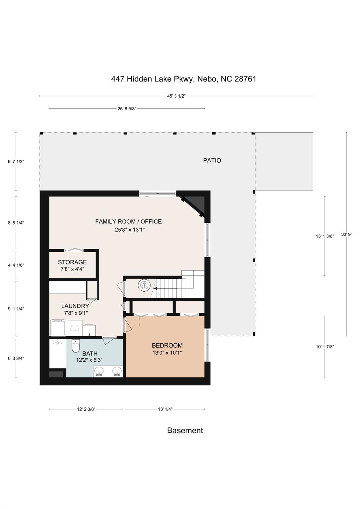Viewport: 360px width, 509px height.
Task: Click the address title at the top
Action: (x=184, y=79)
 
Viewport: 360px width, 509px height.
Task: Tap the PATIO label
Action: (x=212, y=160)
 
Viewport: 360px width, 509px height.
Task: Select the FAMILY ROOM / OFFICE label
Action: (x=128, y=221)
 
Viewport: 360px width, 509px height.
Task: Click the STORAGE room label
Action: (x=72, y=262)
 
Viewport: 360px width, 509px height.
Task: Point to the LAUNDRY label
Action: (x=75, y=306)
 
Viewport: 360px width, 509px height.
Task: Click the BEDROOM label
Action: (x=167, y=345)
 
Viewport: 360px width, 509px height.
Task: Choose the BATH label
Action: (x=90, y=354)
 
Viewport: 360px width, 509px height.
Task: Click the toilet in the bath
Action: (x=76, y=346)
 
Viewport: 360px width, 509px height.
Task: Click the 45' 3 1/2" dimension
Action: (x=177, y=96)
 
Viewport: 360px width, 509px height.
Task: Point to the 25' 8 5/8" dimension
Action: (x=127, y=109)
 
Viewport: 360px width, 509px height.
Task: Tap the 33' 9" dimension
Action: (x=347, y=234)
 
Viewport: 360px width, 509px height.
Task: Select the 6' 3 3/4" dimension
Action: (x=16, y=358)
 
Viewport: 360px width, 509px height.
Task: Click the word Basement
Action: (x=185, y=430)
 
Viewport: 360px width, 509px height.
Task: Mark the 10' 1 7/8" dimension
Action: (x=325, y=347)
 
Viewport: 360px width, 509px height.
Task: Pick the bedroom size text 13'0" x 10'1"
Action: (x=167, y=353)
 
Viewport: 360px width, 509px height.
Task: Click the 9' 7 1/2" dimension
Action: (x=16, y=162)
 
